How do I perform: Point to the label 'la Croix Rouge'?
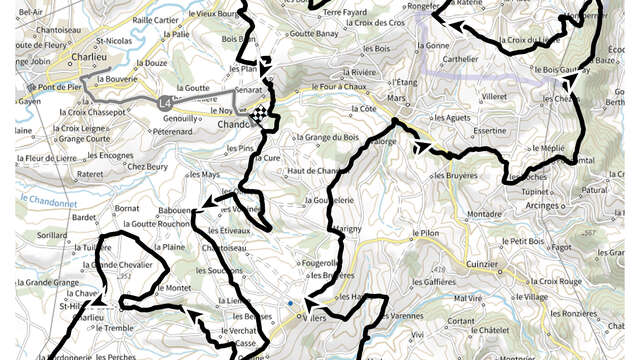coord(558,282)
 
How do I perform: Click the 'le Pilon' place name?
coord(426,234)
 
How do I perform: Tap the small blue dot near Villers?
coord(289,302)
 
